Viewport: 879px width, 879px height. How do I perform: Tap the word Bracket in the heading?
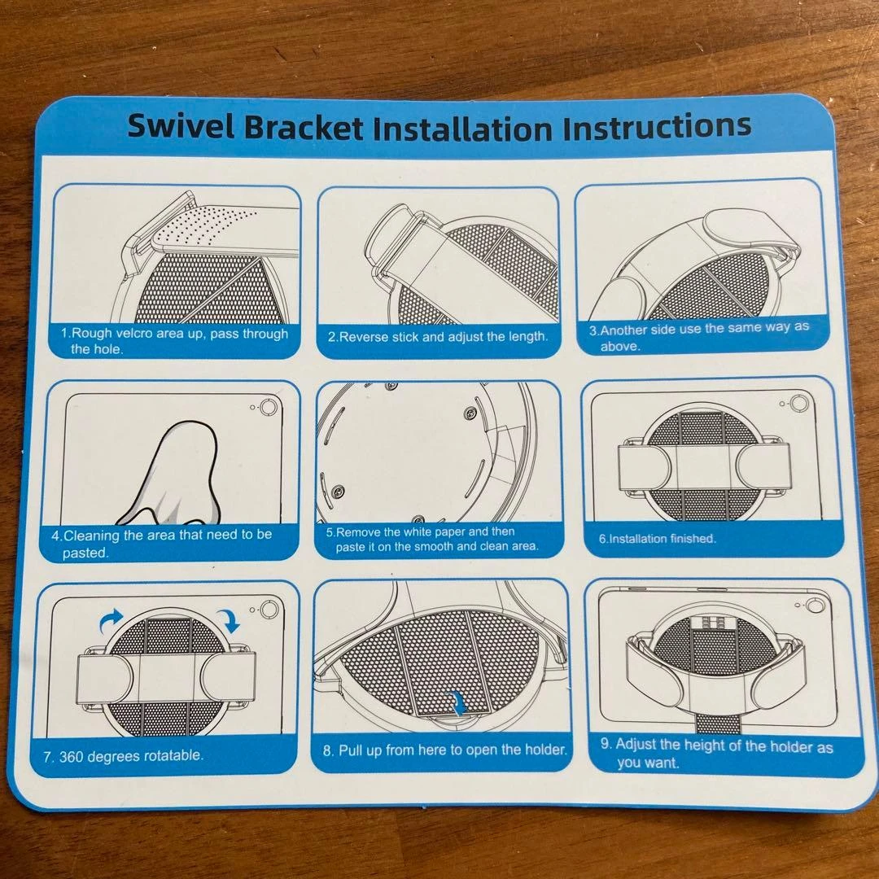(x=304, y=128)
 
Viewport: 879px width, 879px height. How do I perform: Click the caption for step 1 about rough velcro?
(x=174, y=341)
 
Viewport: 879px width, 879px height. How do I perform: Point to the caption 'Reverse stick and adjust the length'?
(x=437, y=337)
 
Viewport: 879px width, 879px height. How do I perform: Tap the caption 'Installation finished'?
(x=657, y=539)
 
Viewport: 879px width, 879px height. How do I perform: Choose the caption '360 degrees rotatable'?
(x=124, y=756)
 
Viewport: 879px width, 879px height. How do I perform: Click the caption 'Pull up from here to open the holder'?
(x=444, y=750)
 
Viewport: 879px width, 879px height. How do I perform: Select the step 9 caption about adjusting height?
(x=716, y=753)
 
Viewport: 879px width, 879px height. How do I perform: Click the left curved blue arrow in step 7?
(x=111, y=620)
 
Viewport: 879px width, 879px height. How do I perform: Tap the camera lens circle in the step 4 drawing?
(x=269, y=406)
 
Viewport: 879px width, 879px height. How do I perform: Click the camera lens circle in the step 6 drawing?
(x=799, y=403)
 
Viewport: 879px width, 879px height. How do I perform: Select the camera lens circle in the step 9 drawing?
(x=815, y=605)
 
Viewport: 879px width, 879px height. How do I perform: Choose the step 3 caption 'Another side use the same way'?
(x=699, y=336)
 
